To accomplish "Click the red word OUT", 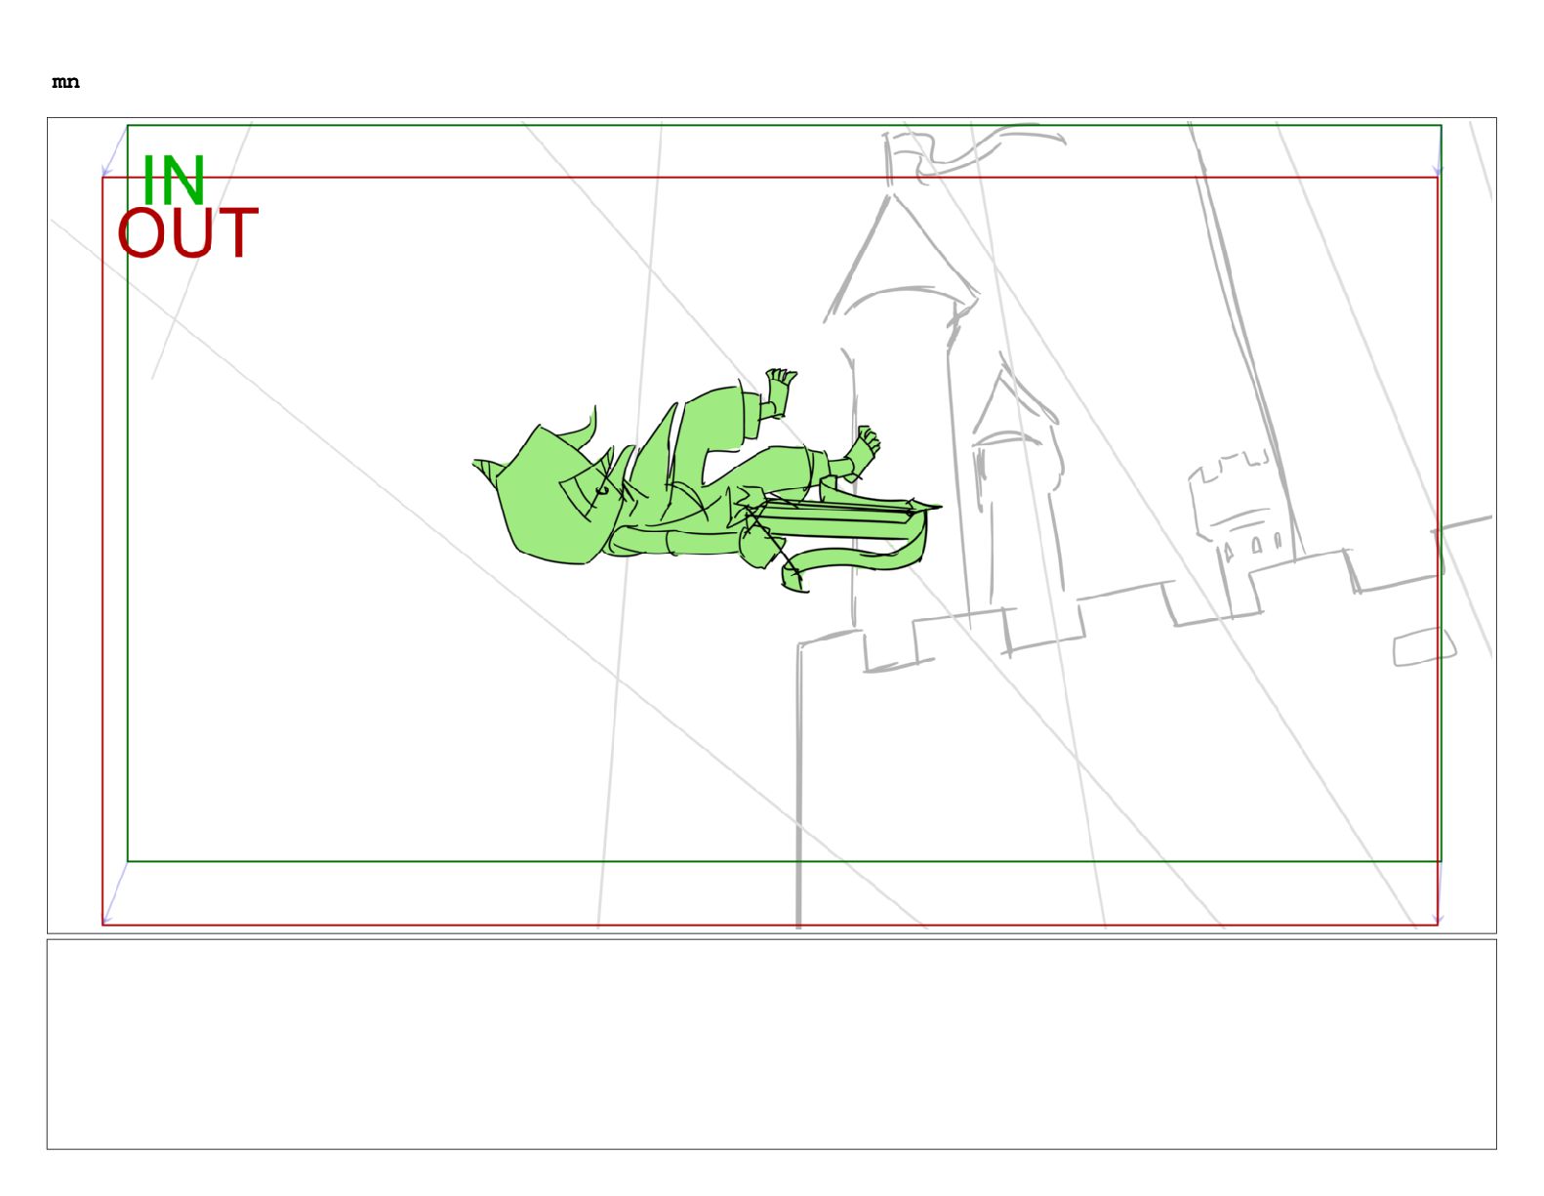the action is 187,232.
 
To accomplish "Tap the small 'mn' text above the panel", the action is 65,82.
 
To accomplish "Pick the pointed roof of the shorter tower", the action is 1010,409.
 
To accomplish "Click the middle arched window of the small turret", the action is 1255,545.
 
